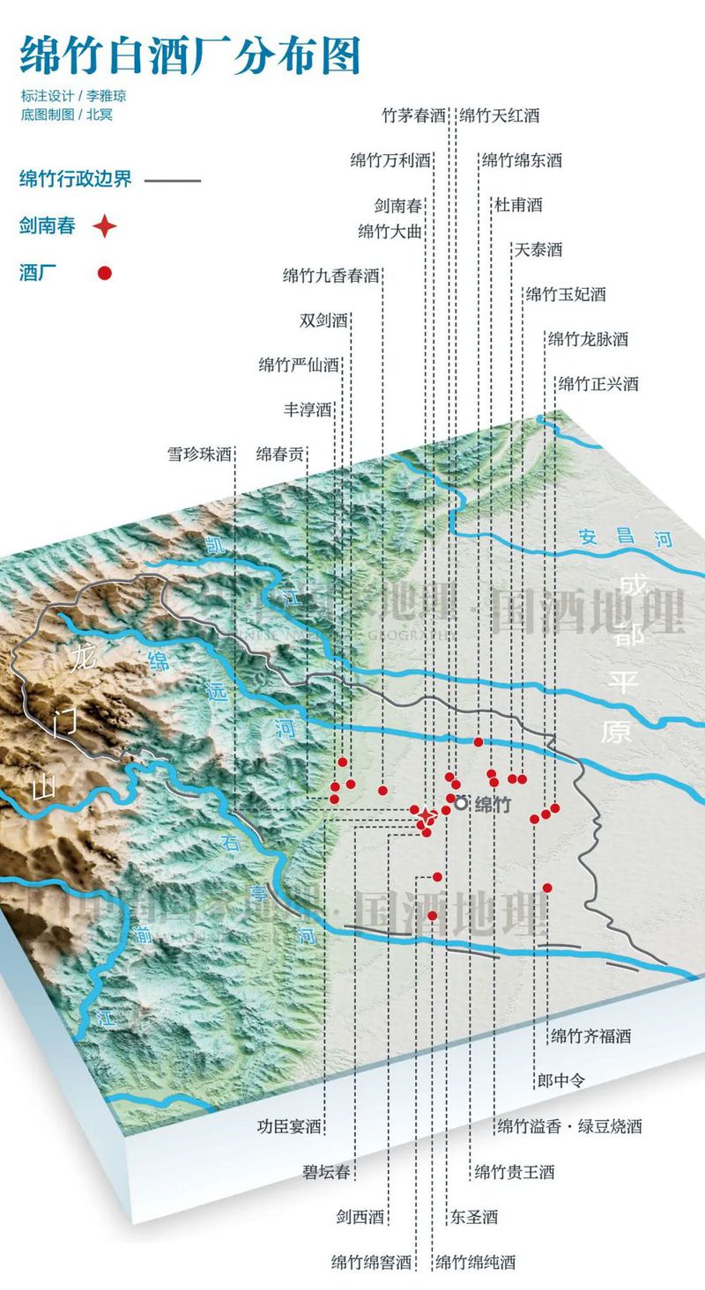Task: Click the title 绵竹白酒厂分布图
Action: pyautogui.click(x=189, y=55)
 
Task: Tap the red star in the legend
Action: pyautogui.click(x=105, y=226)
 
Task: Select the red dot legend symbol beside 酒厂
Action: pyautogui.click(x=105, y=273)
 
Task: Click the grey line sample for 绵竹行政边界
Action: pyautogui.click(x=173, y=181)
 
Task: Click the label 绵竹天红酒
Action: pyautogui.click(x=500, y=115)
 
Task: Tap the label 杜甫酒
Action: pyautogui.click(x=518, y=205)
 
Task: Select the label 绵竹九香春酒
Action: pyautogui.click(x=330, y=276)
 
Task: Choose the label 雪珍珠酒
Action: pyautogui.click(x=199, y=455)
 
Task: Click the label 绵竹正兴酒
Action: pyautogui.click(x=598, y=384)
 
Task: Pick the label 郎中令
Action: pyautogui.click(x=560, y=1080)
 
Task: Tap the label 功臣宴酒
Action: pyautogui.click(x=289, y=1126)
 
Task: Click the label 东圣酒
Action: pyautogui.click(x=474, y=1217)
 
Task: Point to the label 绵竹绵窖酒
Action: pyautogui.click(x=372, y=1262)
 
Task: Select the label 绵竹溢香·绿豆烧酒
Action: pyautogui.click(x=569, y=1126)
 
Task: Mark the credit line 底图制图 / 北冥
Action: pyautogui.click(x=67, y=114)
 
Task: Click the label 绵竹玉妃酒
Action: pyautogui.click(x=566, y=294)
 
